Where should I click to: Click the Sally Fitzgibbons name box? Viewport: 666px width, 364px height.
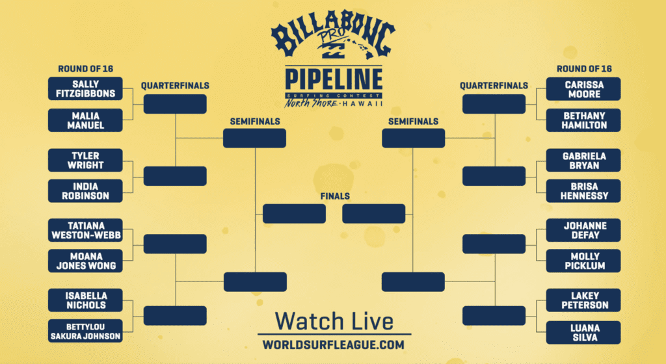pos(85,88)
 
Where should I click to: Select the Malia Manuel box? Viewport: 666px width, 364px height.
pos(85,120)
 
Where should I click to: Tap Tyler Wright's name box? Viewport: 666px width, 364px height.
pos(85,161)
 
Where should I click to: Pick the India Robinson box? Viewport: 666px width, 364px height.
pos(85,191)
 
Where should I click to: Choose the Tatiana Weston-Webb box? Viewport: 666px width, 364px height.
pos(85,230)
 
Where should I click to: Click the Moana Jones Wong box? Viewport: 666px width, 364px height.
pos(85,261)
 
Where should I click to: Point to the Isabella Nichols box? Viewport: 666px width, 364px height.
pos(85,300)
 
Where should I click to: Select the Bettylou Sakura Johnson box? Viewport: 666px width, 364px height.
pos(85,331)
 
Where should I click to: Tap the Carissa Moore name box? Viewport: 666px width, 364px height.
pos(583,89)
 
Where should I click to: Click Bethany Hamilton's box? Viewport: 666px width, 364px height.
pos(583,120)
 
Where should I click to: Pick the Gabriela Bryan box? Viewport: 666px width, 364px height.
pos(583,161)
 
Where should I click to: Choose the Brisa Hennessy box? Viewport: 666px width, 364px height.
pos(583,191)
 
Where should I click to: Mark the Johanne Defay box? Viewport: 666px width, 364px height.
pos(583,230)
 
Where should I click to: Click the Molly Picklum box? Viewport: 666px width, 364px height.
pos(583,261)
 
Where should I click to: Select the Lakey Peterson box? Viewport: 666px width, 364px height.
pos(583,300)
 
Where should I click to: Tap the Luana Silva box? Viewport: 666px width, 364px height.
pos(583,333)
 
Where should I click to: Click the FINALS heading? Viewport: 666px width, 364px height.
pos(335,196)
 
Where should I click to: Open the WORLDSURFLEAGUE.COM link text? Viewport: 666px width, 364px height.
pos(334,345)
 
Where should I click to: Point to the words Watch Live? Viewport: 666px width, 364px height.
pos(334,321)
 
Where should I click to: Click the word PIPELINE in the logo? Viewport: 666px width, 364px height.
pos(334,79)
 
